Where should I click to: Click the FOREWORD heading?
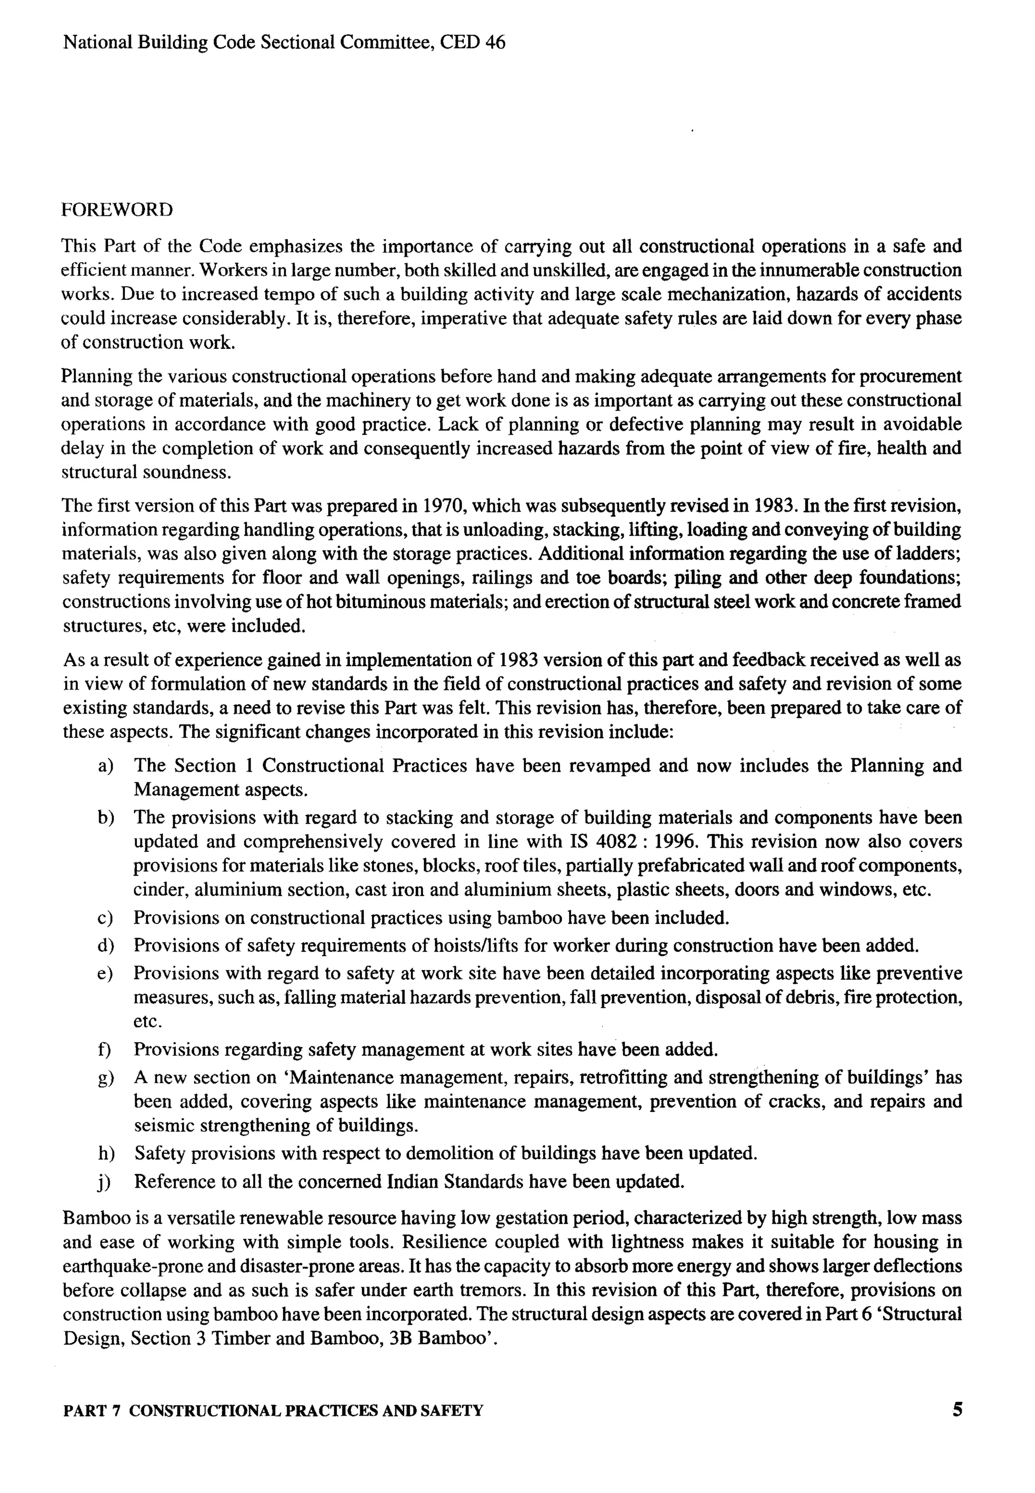117,210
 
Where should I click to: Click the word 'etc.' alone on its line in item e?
147,1021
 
